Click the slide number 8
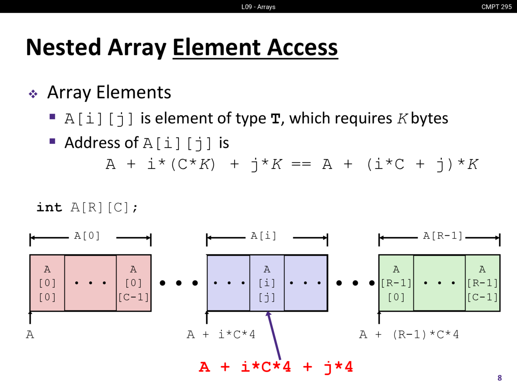point(500,378)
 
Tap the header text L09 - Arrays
point(258,7)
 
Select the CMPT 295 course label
point(496,7)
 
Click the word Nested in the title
point(63,47)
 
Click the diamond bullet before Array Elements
point(33,94)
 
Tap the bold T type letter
point(275,119)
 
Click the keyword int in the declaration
point(49,207)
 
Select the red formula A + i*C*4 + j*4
point(276,367)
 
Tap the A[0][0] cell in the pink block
point(47,283)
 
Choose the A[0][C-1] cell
point(134,283)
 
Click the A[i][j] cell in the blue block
point(267,283)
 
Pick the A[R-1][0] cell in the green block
point(396,283)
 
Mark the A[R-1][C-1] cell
point(483,283)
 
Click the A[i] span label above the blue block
point(264,236)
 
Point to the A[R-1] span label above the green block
point(443,236)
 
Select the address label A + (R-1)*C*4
point(409,335)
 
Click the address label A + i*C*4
point(221,335)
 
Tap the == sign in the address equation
point(301,164)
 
